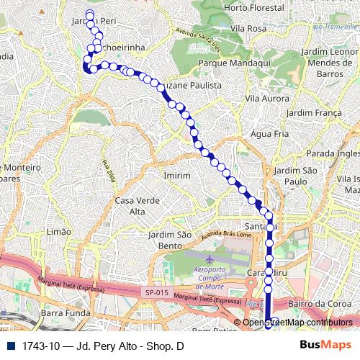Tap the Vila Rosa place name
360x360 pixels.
pos(250,28)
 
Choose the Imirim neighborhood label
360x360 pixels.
pos(177,176)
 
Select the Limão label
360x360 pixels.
pos(58,231)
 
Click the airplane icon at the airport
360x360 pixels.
pos(209,258)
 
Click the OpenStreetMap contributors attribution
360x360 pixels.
pos(297,322)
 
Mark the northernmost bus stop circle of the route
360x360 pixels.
pos(90,14)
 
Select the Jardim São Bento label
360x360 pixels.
pos(170,240)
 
